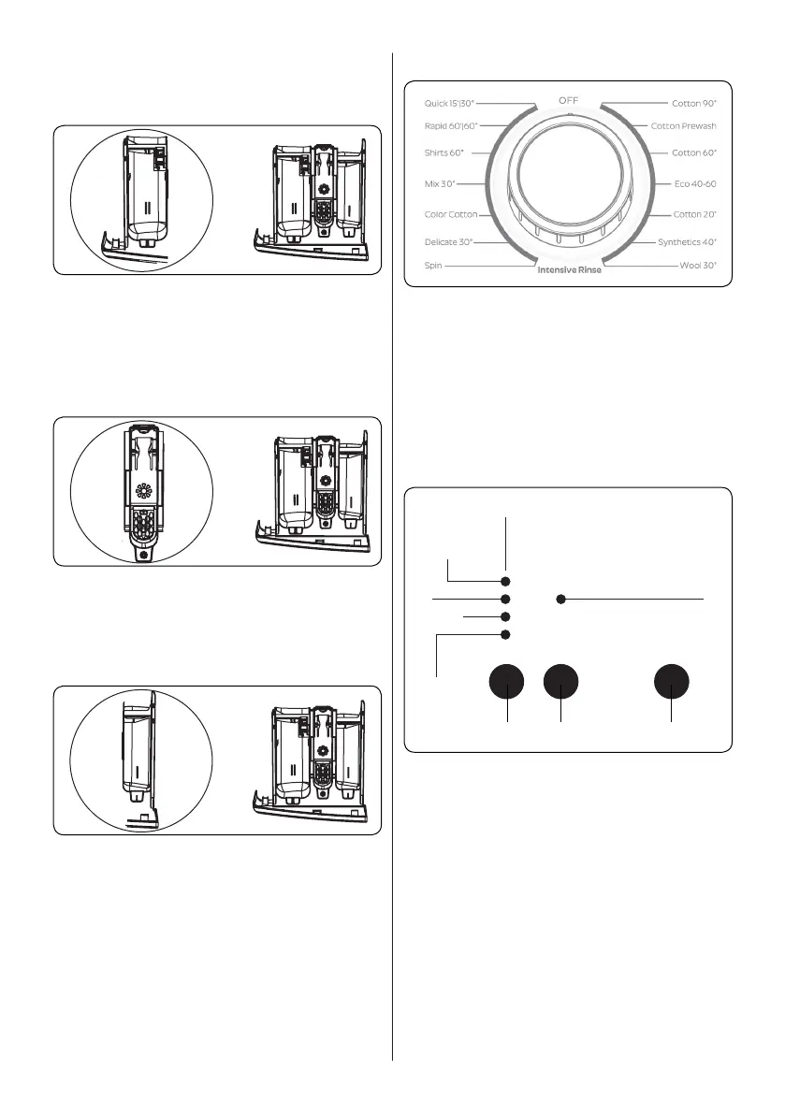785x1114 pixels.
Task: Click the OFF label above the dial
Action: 568,99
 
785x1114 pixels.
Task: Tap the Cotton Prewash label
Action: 683,126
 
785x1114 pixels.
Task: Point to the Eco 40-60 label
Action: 695,184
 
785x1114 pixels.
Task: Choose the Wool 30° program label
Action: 697,266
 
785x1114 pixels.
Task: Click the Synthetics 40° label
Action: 686,242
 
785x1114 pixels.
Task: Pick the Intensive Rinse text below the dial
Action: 569,271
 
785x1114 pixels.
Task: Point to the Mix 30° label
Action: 439,184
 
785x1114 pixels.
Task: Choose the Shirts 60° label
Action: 443,152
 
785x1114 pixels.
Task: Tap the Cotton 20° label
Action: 695,214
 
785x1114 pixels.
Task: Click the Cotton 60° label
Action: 695,152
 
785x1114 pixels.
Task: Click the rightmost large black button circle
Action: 672,682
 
